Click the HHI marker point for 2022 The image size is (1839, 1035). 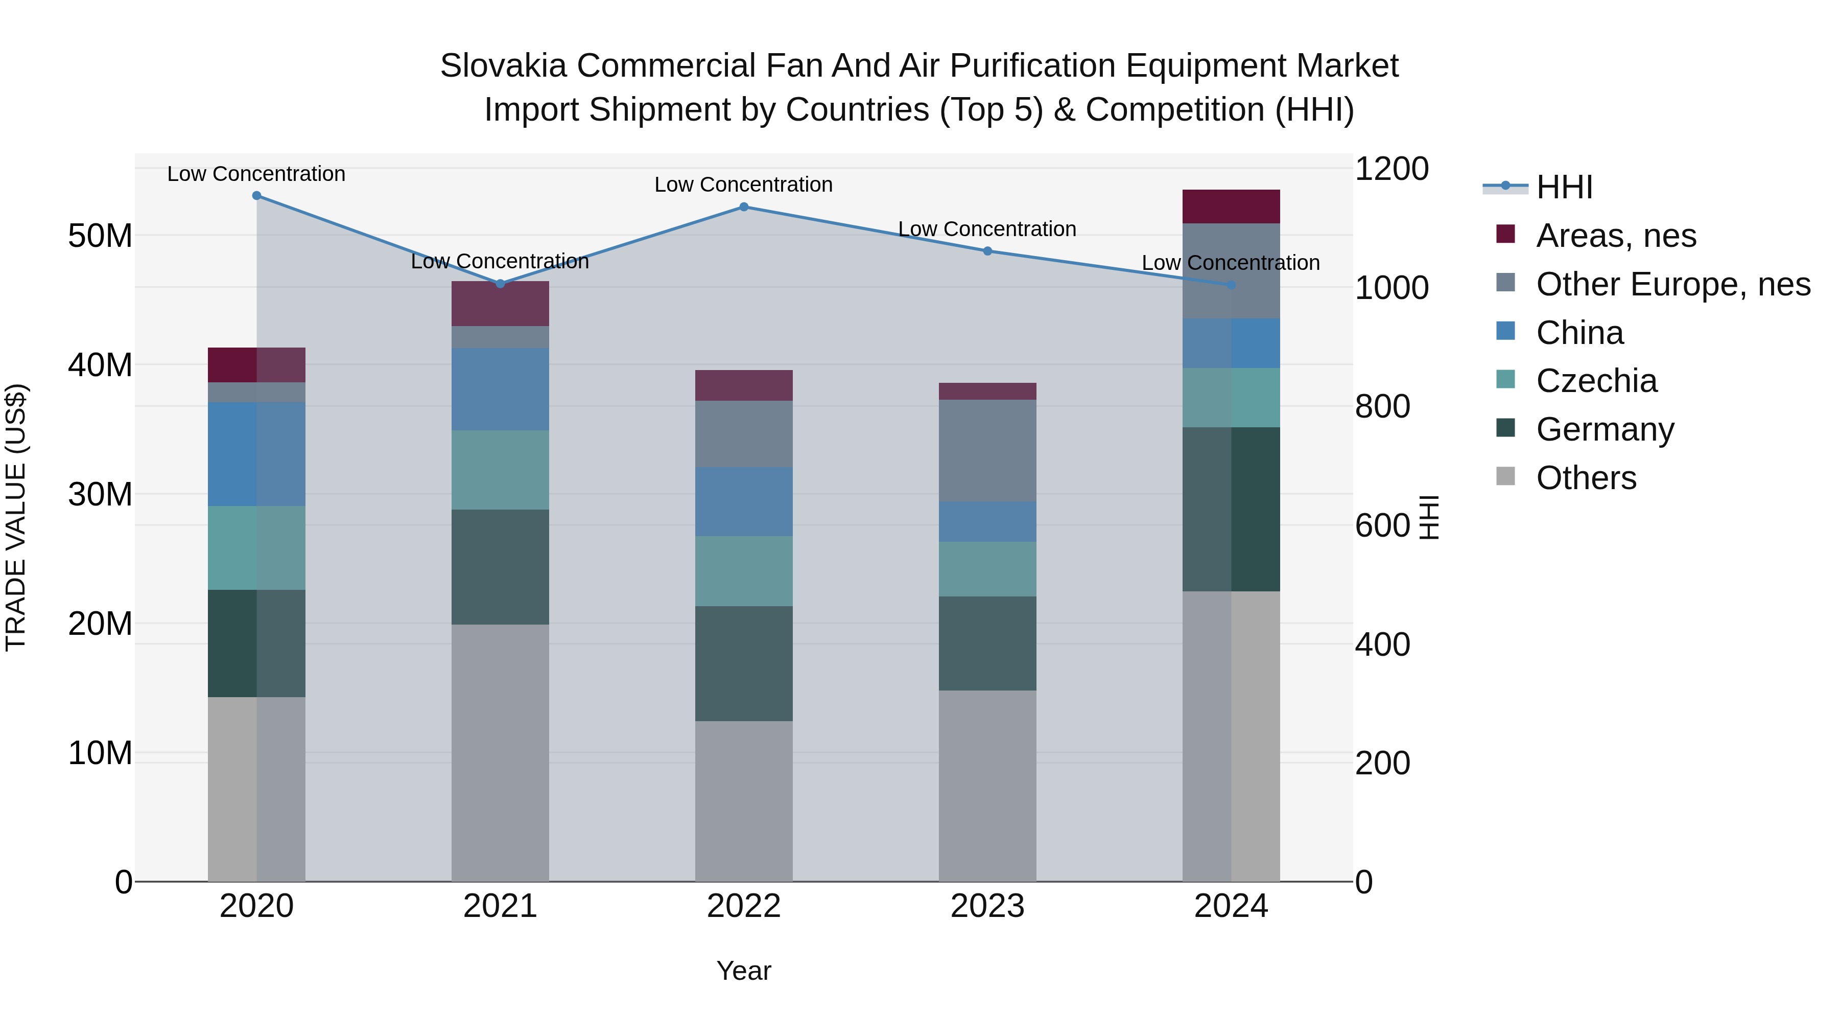coord(743,207)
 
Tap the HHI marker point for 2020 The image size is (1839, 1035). coord(256,196)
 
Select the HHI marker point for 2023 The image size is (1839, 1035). coord(987,251)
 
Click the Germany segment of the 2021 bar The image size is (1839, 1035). coord(500,567)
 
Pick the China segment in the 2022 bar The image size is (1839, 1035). coord(743,501)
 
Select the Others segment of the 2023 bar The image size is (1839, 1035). coord(987,786)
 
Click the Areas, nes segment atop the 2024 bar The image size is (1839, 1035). coord(1231,206)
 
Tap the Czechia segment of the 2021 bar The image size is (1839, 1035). coord(500,470)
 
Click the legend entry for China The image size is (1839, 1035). coord(1579,333)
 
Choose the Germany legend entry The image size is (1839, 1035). coord(1604,430)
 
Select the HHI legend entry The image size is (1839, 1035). coord(1564,187)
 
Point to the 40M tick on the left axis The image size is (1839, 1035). coord(100,365)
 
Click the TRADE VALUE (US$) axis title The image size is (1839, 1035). coord(16,518)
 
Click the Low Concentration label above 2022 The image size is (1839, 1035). coord(743,185)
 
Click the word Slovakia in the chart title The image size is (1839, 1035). coord(503,66)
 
